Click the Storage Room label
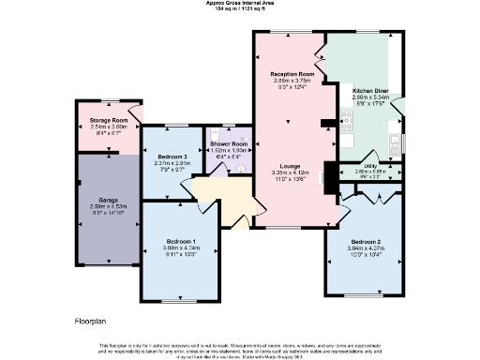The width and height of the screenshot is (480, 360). coord(108,121)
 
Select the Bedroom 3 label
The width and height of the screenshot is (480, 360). coord(172,156)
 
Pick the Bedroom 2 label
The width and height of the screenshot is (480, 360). coord(367,241)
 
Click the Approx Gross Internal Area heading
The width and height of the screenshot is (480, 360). coord(239,3)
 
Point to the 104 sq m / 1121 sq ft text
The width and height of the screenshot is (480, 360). coord(239,8)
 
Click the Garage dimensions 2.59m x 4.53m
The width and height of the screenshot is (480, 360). coord(108,206)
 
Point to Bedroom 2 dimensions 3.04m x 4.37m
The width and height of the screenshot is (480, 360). coord(367,247)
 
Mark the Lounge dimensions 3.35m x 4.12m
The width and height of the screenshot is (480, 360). coord(290,172)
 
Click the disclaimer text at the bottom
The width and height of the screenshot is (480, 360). coord(240,349)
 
